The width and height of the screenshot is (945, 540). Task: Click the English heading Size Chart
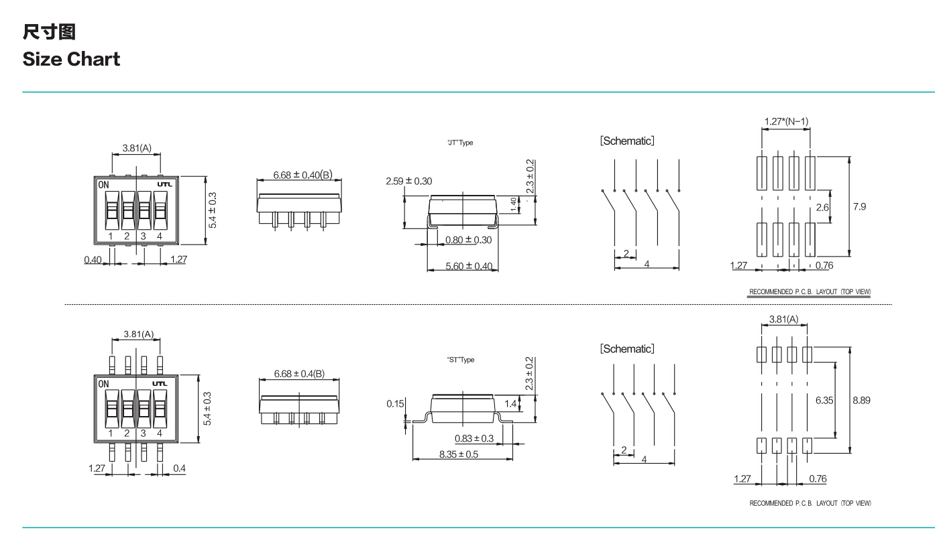pyautogui.click(x=71, y=58)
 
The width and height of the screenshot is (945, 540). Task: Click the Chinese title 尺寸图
pyautogui.click(x=43, y=31)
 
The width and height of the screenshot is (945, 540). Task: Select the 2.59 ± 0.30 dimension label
pyautogui.click(x=409, y=181)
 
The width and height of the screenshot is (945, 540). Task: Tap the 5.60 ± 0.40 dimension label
pyautogui.click(x=469, y=267)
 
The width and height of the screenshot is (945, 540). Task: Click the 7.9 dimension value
pyautogui.click(x=859, y=206)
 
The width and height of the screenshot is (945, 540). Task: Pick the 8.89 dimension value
pyautogui.click(x=861, y=400)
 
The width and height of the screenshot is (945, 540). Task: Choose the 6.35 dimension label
pyautogui.click(x=824, y=400)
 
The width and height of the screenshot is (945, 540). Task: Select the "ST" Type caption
pyautogui.click(x=460, y=360)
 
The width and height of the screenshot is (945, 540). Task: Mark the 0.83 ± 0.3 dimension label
pyautogui.click(x=474, y=438)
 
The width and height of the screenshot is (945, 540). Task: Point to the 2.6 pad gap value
pyautogui.click(x=823, y=208)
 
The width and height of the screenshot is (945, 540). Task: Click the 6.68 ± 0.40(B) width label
pyautogui.click(x=302, y=176)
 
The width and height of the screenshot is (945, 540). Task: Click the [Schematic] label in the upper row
pyautogui.click(x=626, y=141)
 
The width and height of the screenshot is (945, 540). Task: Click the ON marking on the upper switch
pyautogui.click(x=104, y=184)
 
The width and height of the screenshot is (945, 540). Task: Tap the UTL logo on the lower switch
pyautogui.click(x=162, y=384)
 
